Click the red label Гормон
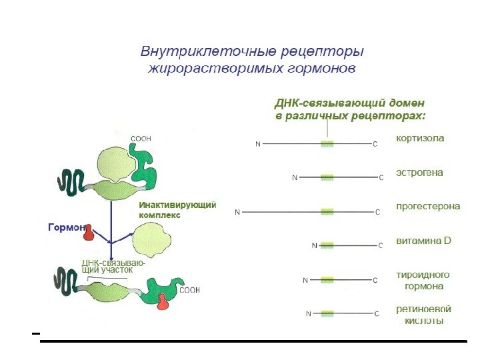[x=65, y=227]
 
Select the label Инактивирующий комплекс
[x=177, y=210]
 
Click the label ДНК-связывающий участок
[x=113, y=267]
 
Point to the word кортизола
[x=420, y=139]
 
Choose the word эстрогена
[x=419, y=173]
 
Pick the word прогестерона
[x=428, y=207]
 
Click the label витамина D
[x=423, y=241]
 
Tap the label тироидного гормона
[x=423, y=280]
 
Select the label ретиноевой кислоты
[x=423, y=315]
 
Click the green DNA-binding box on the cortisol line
[x=327, y=143]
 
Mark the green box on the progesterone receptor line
[x=327, y=212]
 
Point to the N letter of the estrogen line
[x=295, y=177]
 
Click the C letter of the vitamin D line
[x=381, y=245]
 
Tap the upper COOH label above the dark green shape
[x=140, y=139]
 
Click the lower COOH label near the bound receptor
[x=190, y=290]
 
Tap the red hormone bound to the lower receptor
[x=163, y=301]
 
